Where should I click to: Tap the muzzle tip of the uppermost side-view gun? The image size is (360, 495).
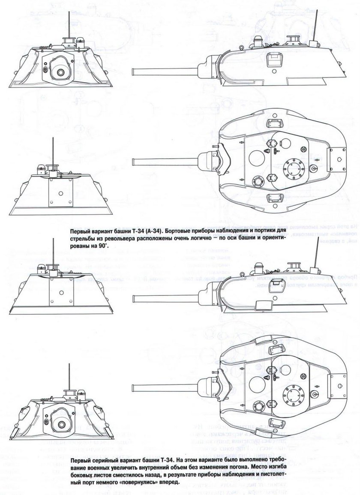(133, 71)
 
